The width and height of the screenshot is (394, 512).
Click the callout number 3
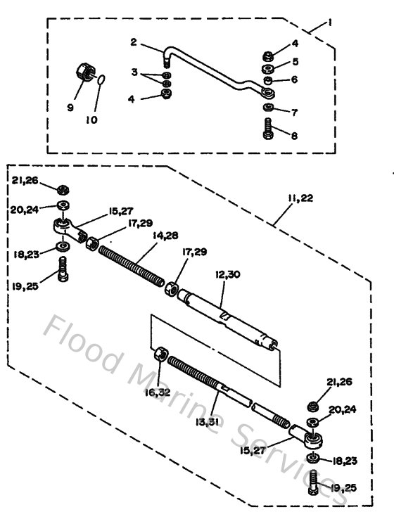(134, 72)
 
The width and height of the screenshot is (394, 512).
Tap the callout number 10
(91, 119)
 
